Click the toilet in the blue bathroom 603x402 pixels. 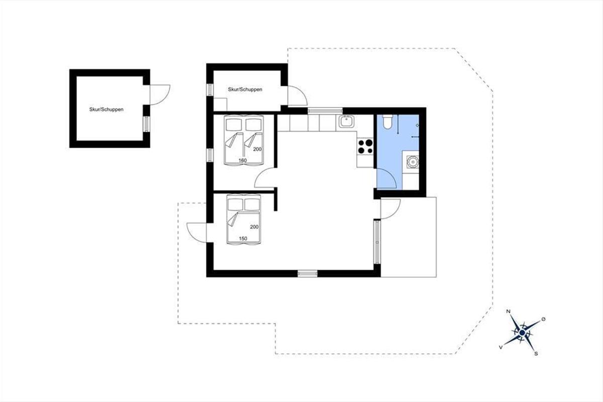[387, 122]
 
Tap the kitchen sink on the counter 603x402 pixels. [346, 122]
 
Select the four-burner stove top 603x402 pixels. [365, 146]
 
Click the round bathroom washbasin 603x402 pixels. [413, 162]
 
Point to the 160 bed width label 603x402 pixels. [243, 160]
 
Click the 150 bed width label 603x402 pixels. [243, 239]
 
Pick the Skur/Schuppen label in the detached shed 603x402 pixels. [107, 110]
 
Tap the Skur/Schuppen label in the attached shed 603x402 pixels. [245, 89]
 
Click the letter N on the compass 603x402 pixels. [509, 312]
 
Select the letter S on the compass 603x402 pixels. [536, 354]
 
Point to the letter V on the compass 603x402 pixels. [500, 348]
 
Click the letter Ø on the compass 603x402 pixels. [543, 319]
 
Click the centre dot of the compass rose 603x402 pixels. [522, 333]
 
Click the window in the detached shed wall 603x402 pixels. [146, 124]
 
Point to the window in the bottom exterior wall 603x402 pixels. [308, 273]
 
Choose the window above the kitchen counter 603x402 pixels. [325, 111]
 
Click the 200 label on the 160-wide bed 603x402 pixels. [257, 149]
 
